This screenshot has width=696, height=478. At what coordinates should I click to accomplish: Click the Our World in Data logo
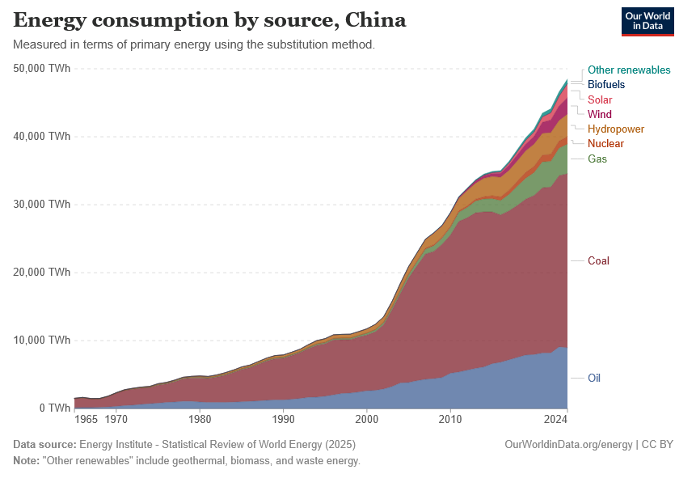(647, 21)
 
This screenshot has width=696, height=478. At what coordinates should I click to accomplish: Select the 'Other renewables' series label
(629, 70)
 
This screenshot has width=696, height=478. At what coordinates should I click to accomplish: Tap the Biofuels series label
(606, 84)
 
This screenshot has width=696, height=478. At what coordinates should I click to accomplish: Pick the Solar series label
(600, 99)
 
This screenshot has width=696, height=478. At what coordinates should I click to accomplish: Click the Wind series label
(599, 114)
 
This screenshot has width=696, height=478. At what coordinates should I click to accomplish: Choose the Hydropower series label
(616, 129)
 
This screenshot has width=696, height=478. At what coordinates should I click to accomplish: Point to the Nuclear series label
(605, 143)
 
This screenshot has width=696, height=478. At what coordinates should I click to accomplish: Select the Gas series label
(597, 159)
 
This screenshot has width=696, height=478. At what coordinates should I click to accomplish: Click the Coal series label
(598, 260)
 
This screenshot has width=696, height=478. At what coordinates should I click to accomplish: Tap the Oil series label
(594, 378)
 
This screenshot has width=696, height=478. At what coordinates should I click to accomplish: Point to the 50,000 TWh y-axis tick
(42, 69)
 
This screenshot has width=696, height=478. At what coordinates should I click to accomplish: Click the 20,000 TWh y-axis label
(42, 272)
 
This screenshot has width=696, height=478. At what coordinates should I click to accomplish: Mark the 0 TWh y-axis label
(55, 408)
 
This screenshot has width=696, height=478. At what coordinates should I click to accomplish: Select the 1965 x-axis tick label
(86, 419)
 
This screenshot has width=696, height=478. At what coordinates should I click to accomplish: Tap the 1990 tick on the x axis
(283, 419)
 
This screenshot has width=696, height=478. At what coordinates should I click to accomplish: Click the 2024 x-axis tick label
(555, 419)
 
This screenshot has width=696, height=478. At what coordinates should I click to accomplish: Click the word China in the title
(376, 20)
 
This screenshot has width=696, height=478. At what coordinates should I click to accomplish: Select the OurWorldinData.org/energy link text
(568, 445)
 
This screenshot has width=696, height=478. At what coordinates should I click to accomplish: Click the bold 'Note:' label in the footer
(27, 461)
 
